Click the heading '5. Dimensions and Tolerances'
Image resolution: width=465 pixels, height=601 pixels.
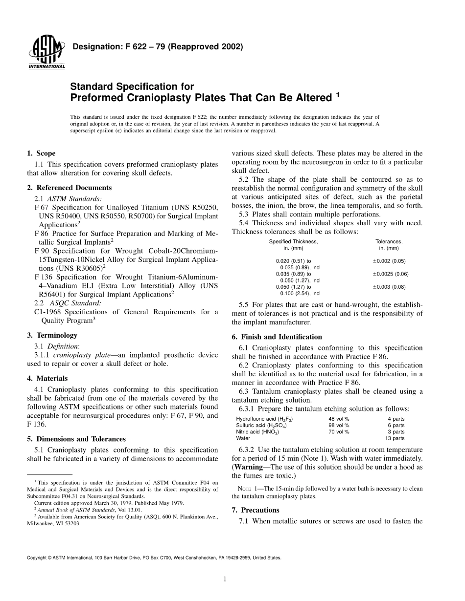tap(76, 439)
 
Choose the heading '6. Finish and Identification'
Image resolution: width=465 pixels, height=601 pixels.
tap(277, 337)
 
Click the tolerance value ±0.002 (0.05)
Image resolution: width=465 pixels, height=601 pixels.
tap(389, 261)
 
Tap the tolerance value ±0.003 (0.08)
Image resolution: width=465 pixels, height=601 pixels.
tap(389, 287)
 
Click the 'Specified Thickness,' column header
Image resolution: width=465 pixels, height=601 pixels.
tap(293, 241)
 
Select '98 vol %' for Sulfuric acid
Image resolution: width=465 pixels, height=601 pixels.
tap(339, 426)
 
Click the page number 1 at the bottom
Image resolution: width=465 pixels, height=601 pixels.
tap(224, 579)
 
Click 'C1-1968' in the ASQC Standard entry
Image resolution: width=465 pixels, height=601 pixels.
tap(47, 312)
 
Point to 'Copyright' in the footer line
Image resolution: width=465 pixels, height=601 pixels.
tap(37, 558)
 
